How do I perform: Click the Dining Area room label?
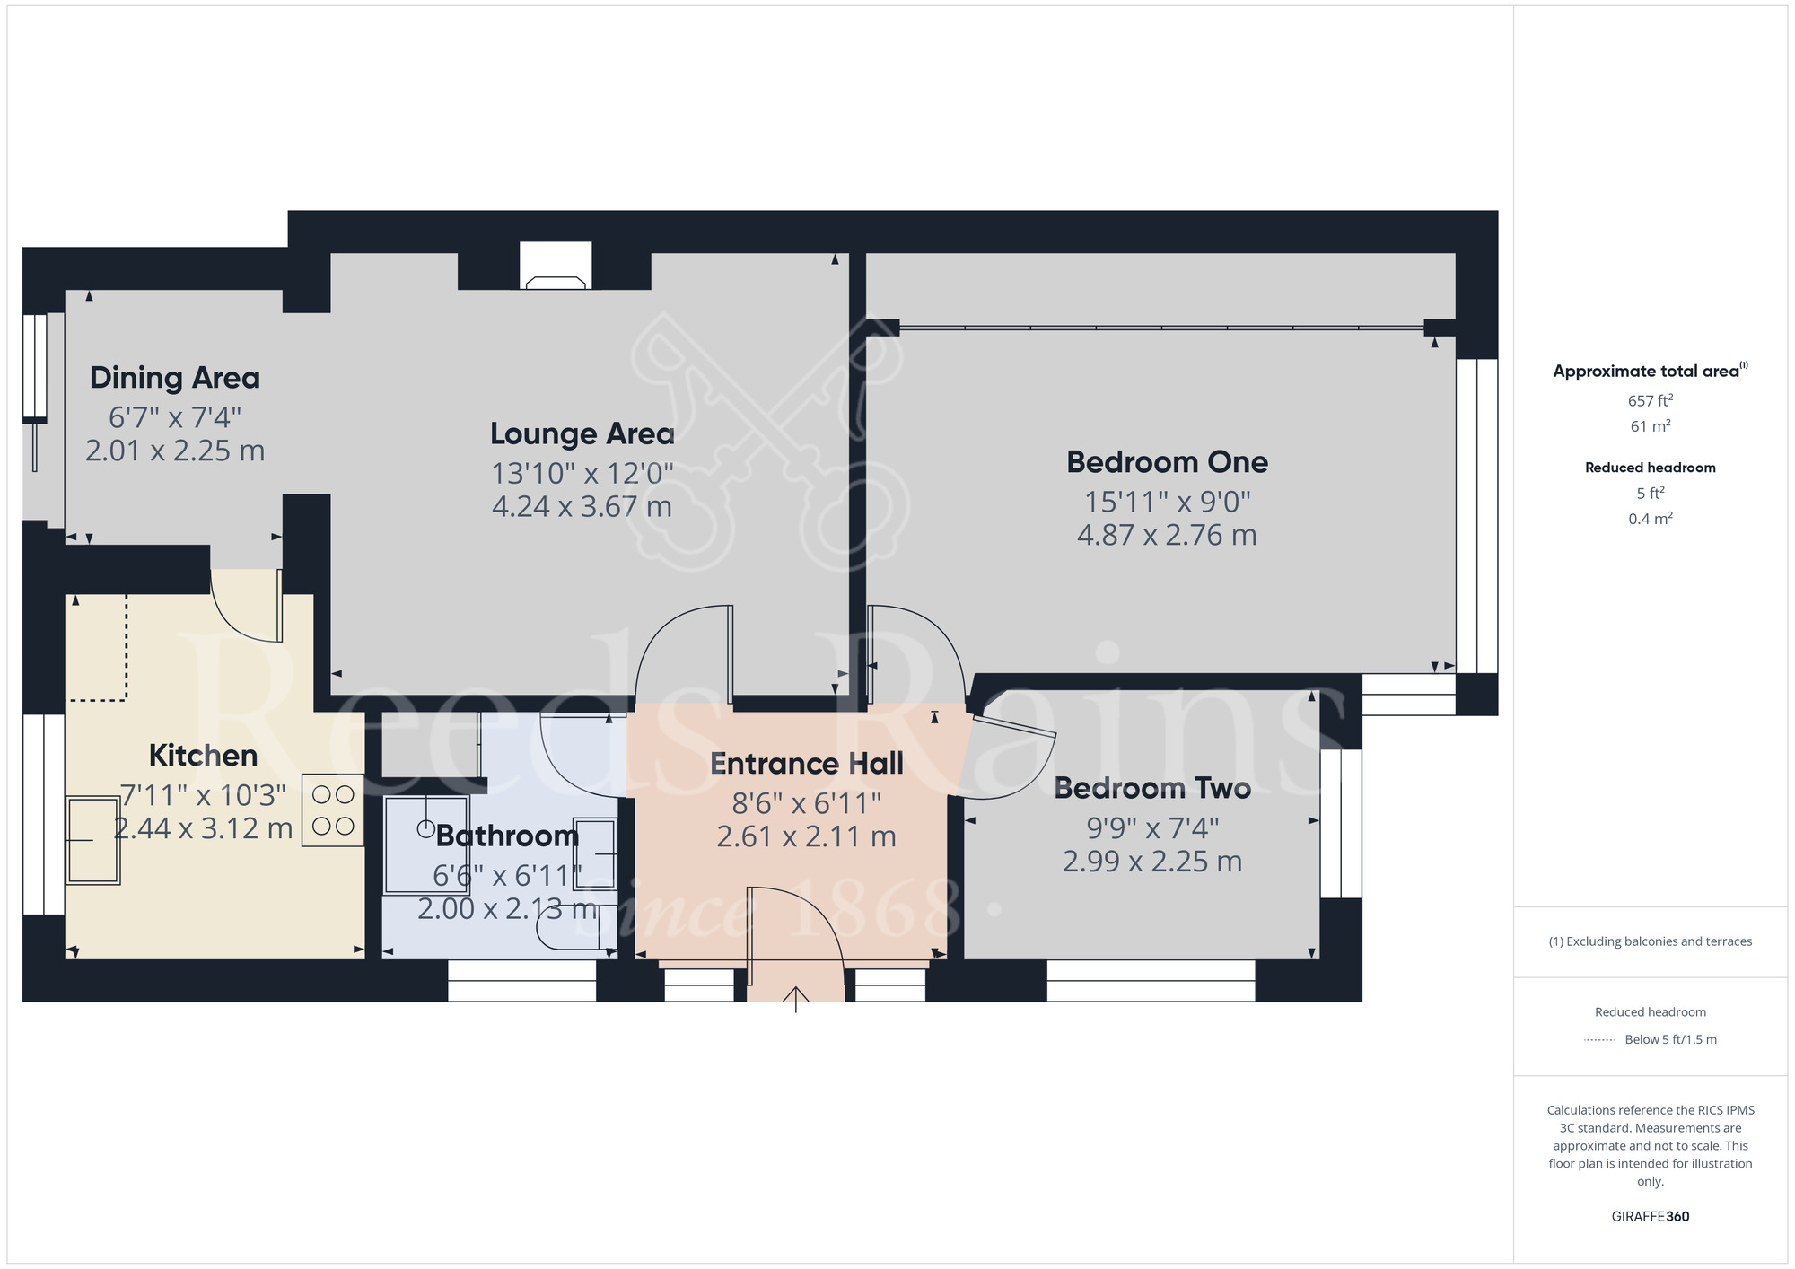[x=175, y=378]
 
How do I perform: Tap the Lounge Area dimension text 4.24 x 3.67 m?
[x=582, y=507]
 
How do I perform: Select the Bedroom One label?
[x=1167, y=462]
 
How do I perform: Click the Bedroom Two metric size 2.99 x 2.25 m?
[x=1152, y=862]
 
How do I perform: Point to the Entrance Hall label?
[x=806, y=764]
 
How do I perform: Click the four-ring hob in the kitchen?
[x=333, y=810]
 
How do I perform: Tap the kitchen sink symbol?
[x=93, y=840]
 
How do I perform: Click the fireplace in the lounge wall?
[x=556, y=267]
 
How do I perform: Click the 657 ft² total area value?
[x=1650, y=401]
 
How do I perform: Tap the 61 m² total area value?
[x=1650, y=426]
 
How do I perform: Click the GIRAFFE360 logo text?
[x=1650, y=1217]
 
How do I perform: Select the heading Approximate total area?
[x=1650, y=371]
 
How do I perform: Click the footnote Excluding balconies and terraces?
[x=1650, y=941]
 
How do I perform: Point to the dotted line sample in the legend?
[x=1599, y=1040]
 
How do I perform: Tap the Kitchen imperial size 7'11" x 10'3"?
[x=203, y=795]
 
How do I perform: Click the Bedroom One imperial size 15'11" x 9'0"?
[x=1167, y=502]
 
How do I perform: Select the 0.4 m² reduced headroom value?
[x=1650, y=519]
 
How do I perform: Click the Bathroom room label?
[x=507, y=836]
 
